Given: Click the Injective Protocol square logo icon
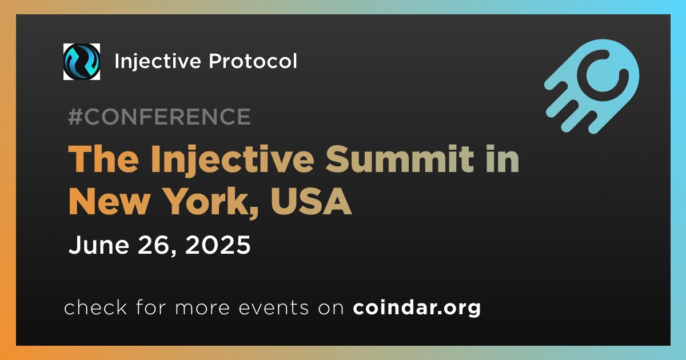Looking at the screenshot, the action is pyautogui.click(x=81, y=62).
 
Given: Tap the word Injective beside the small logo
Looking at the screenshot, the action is pyautogui.click(x=158, y=61).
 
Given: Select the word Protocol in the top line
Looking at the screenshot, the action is pyautogui.click(x=253, y=61).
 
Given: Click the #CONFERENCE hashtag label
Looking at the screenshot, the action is pyautogui.click(x=159, y=117).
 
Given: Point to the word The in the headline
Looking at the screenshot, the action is pyautogui.click(x=103, y=159).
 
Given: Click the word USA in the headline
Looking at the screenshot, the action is pyautogui.click(x=310, y=201).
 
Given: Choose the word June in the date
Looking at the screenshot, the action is pyautogui.click(x=98, y=245).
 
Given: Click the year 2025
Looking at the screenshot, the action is pyautogui.click(x=218, y=245).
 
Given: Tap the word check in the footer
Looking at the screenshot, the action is pyautogui.click(x=95, y=307).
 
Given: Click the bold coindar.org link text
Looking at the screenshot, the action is pyautogui.click(x=417, y=307).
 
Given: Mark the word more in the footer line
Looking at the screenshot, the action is pyautogui.click(x=202, y=308).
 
